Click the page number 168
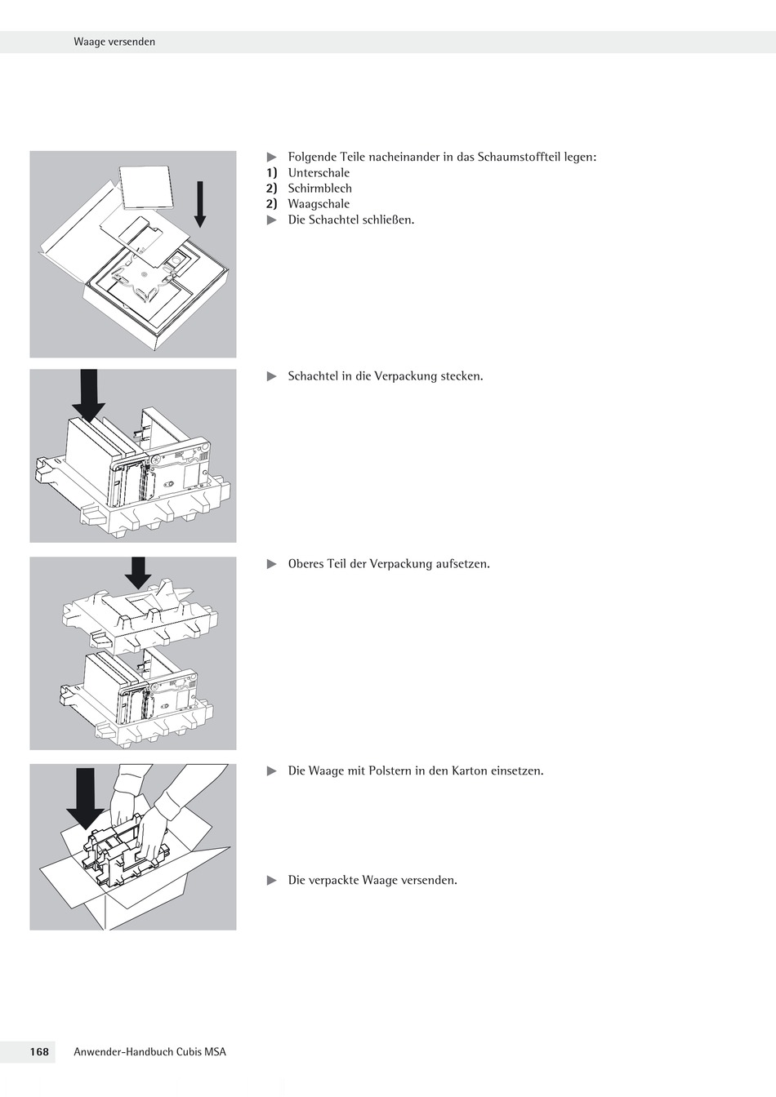point(39,1052)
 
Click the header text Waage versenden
point(114,42)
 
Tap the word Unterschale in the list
point(319,173)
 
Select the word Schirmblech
point(319,189)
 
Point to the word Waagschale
point(319,204)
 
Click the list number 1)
point(272,173)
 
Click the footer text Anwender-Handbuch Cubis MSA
point(149,1052)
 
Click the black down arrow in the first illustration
point(200,204)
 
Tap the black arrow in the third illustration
point(138,573)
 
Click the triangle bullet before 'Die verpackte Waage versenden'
point(272,880)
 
